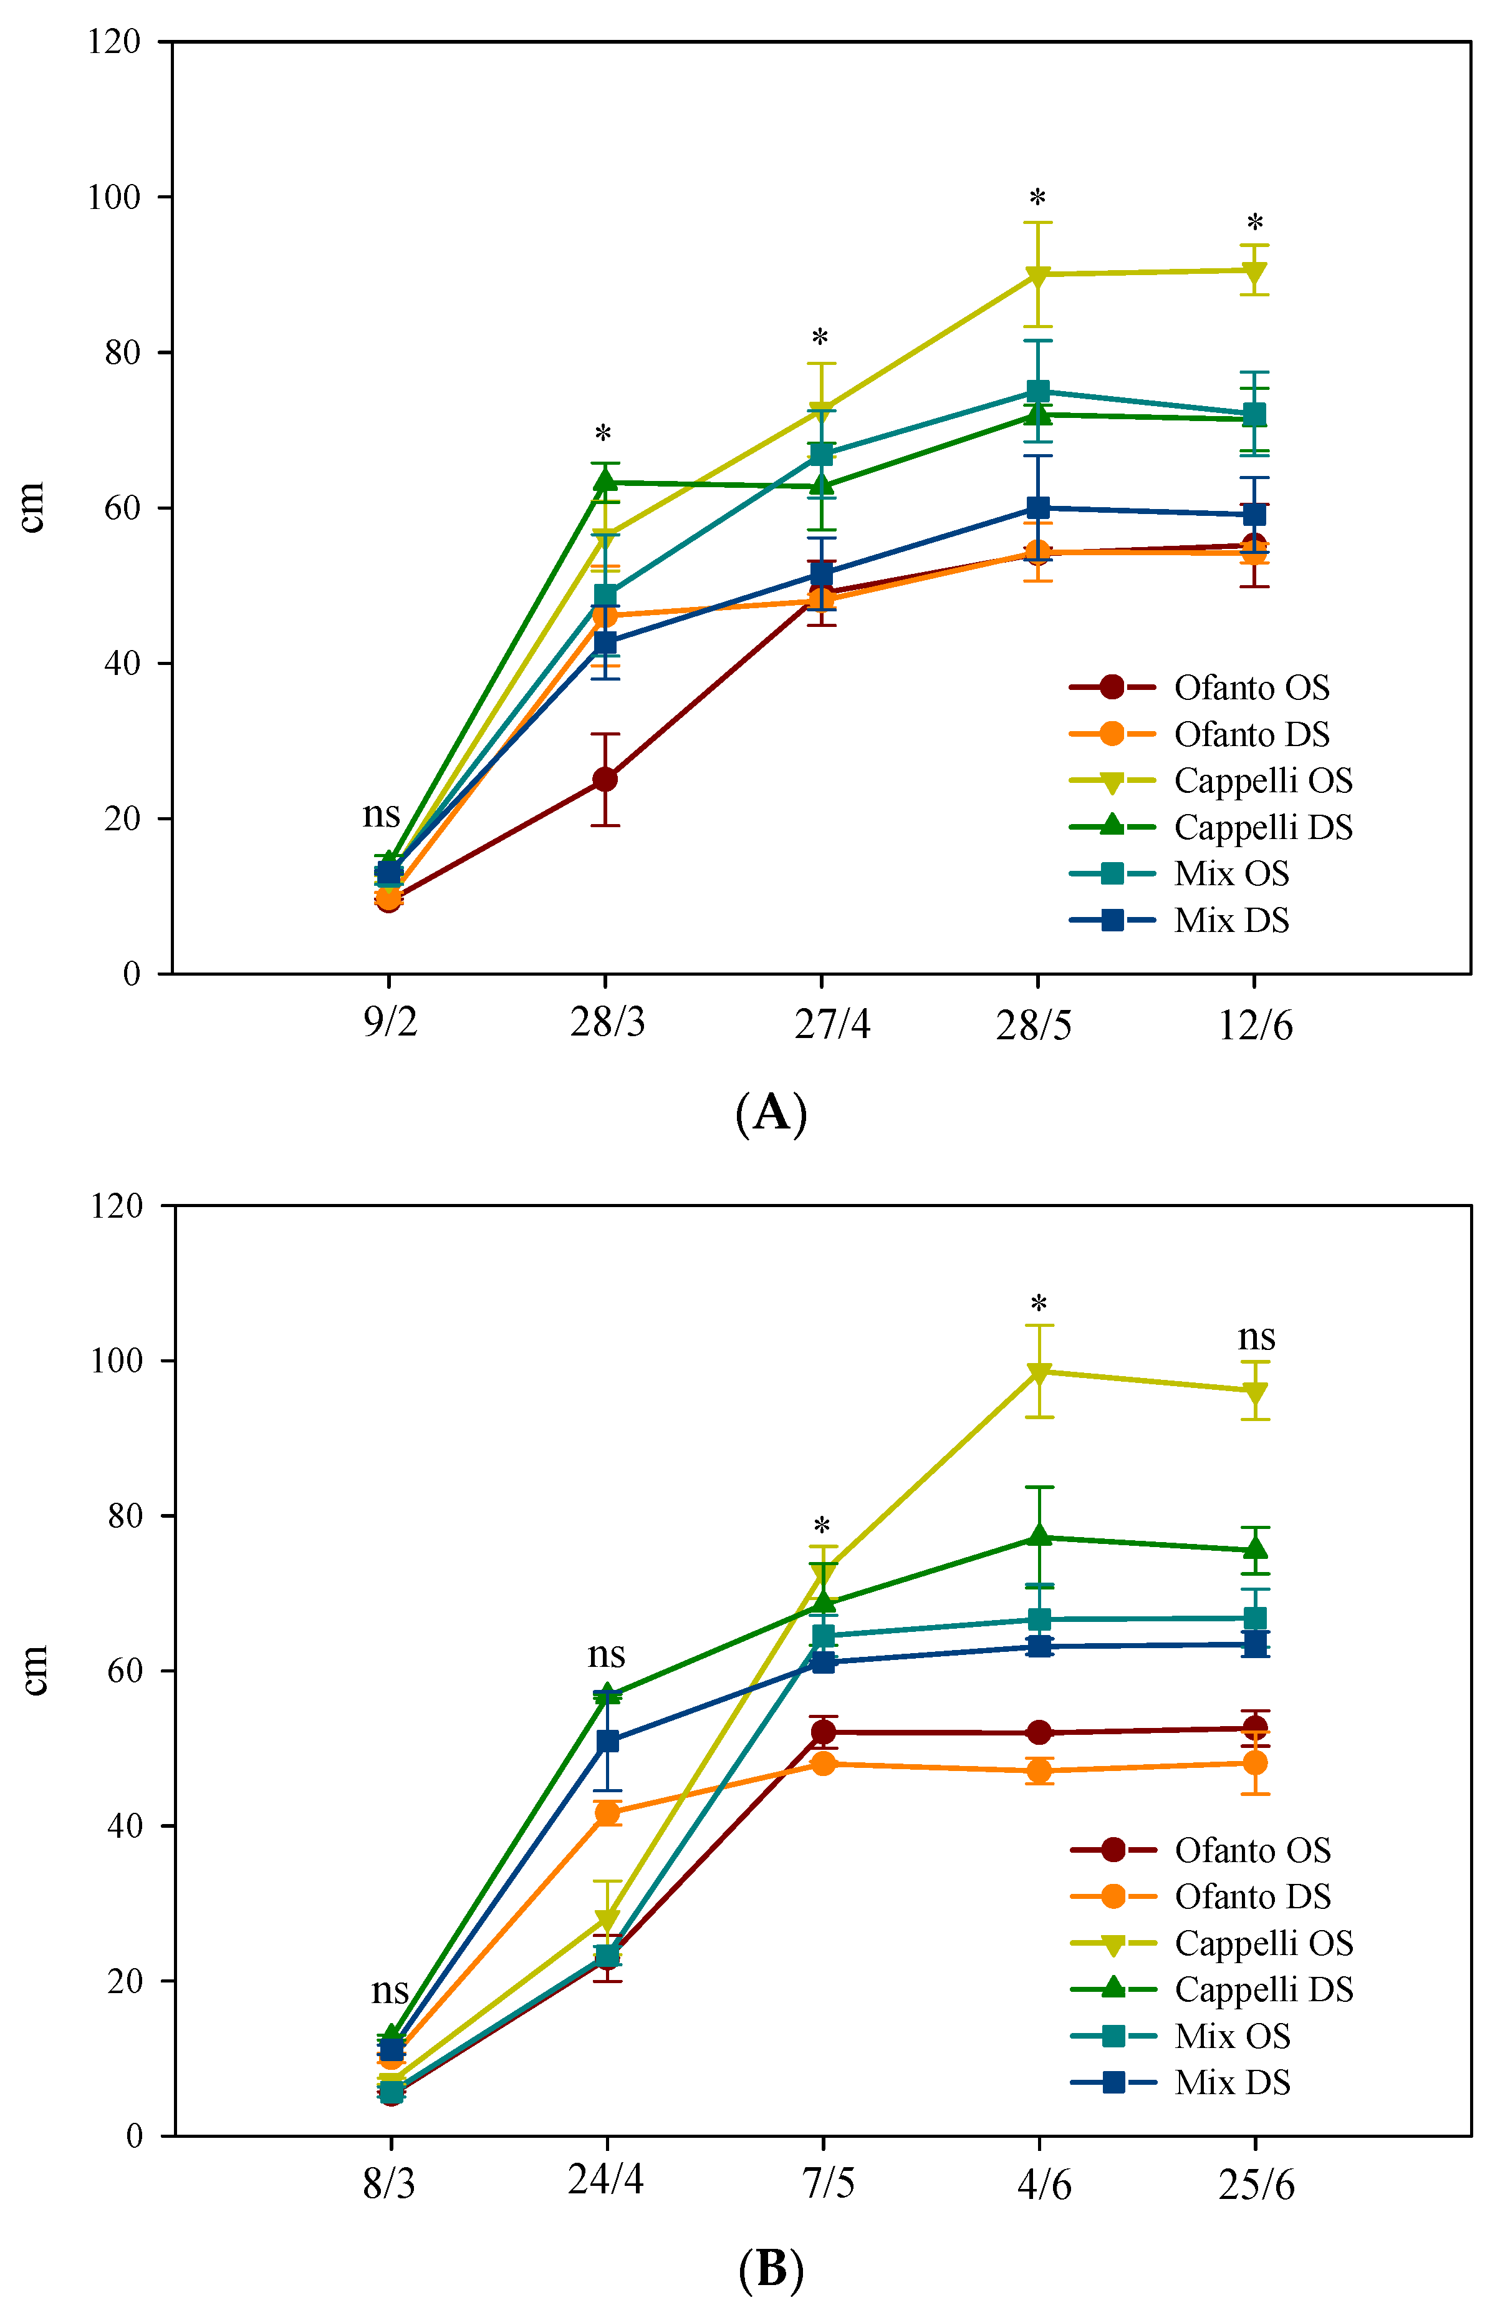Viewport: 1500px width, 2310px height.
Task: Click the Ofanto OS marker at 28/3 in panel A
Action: tap(605, 779)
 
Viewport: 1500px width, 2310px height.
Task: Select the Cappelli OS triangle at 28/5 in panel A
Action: tap(1037, 276)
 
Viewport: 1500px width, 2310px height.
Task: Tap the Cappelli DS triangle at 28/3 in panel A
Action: tap(605, 480)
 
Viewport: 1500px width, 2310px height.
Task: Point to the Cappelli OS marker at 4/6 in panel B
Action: tap(1039, 1372)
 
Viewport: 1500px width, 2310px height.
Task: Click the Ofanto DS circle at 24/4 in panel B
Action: tap(607, 1813)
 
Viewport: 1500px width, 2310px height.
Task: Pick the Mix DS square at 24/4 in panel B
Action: tap(607, 1741)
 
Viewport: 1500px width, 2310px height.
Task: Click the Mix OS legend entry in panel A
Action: tap(1230, 873)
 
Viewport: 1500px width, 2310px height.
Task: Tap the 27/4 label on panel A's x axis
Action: tap(832, 1024)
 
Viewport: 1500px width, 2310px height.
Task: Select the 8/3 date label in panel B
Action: tap(389, 2184)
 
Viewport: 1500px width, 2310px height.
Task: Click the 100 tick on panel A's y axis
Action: tap(115, 197)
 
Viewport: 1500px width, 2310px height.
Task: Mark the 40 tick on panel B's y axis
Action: tap(125, 1826)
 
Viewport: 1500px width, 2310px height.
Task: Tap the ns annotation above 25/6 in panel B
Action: tap(1256, 1337)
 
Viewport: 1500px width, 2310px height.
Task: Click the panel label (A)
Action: tap(771, 1112)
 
